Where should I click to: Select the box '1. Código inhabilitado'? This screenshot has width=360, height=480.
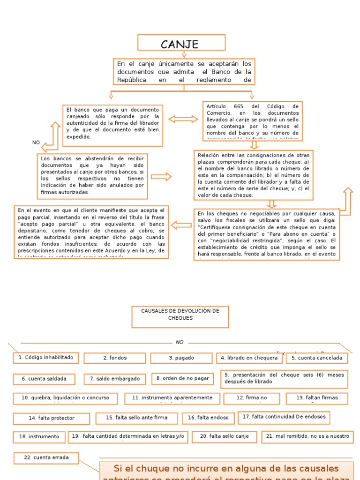[x=46, y=358]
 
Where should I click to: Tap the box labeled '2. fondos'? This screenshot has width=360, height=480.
[x=115, y=358]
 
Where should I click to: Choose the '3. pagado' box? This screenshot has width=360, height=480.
[x=181, y=358]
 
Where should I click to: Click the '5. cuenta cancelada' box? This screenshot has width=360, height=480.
[x=317, y=358]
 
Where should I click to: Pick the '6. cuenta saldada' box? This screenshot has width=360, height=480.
[x=44, y=379]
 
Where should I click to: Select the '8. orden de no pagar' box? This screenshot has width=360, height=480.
[x=182, y=378]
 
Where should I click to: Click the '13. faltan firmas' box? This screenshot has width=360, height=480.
[x=317, y=398]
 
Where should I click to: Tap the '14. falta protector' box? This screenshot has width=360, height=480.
[x=51, y=418]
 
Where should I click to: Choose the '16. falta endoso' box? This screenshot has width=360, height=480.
[x=208, y=418]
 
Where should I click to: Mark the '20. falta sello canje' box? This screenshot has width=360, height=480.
[x=224, y=436]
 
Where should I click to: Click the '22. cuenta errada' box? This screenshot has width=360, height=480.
[x=46, y=457]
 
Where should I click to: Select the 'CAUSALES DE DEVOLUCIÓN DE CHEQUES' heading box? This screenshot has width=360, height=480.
[x=180, y=317]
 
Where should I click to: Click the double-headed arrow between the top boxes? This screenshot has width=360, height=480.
[x=183, y=119]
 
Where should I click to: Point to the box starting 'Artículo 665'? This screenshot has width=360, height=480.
[x=252, y=121]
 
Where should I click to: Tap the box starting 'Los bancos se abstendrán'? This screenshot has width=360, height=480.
[x=92, y=175]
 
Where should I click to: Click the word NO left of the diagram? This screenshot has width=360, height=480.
[x=36, y=142]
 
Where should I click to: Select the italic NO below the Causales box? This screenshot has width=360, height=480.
[x=180, y=342]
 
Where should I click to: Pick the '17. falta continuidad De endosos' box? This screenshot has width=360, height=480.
[x=284, y=417]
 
